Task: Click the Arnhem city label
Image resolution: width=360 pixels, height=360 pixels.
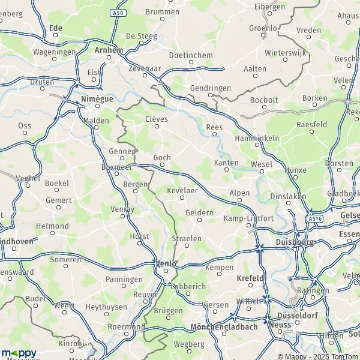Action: click(x=109, y=50)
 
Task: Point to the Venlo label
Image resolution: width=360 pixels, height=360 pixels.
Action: click(x=166, y=263)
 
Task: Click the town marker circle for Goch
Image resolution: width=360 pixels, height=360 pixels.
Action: click(x=162, y=166)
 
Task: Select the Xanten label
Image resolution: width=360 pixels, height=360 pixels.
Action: click(x=226, y=162)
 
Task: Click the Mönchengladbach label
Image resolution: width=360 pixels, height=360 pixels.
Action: click(x=224, y=327)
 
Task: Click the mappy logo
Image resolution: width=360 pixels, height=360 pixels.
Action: click(x=19, y=352)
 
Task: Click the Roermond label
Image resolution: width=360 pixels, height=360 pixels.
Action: click(x=126, y=327)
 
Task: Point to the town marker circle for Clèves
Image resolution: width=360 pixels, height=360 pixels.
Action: click(x=157, y=127)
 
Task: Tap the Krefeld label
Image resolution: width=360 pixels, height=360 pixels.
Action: click(x=251, y=278)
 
